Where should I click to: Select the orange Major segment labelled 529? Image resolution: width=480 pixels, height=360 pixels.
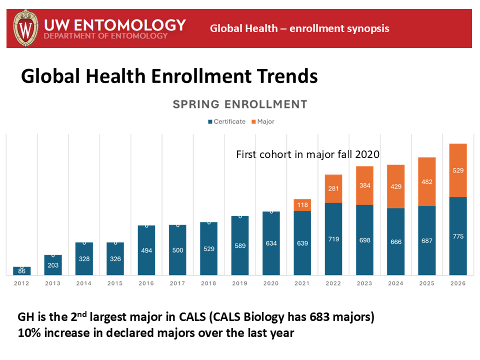pos(458,170)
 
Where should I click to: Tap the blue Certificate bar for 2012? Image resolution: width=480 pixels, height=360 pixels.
pos(22,270)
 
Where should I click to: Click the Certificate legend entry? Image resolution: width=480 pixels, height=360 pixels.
pos(227,121)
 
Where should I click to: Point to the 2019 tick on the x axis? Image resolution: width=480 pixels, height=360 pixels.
pos(240,283)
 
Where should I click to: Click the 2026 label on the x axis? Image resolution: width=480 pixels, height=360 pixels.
pos(458,283)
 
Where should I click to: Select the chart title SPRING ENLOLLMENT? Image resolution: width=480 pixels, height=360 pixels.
pos(239,104)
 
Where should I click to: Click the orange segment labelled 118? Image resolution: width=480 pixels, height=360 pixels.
pos(302,204)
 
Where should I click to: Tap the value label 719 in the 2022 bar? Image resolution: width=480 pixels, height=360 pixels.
pos(333,239)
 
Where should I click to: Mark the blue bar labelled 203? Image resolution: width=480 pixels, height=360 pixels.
pos(53,265)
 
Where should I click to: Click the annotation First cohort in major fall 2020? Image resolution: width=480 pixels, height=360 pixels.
pos(307,154)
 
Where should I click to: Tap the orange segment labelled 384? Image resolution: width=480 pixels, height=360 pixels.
pos(364,185)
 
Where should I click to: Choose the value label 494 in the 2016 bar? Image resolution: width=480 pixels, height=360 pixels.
pos(146,250)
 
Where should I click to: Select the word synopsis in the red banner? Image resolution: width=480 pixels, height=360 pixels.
pos(367,28)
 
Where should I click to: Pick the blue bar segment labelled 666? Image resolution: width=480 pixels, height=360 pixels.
pos(395,241)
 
